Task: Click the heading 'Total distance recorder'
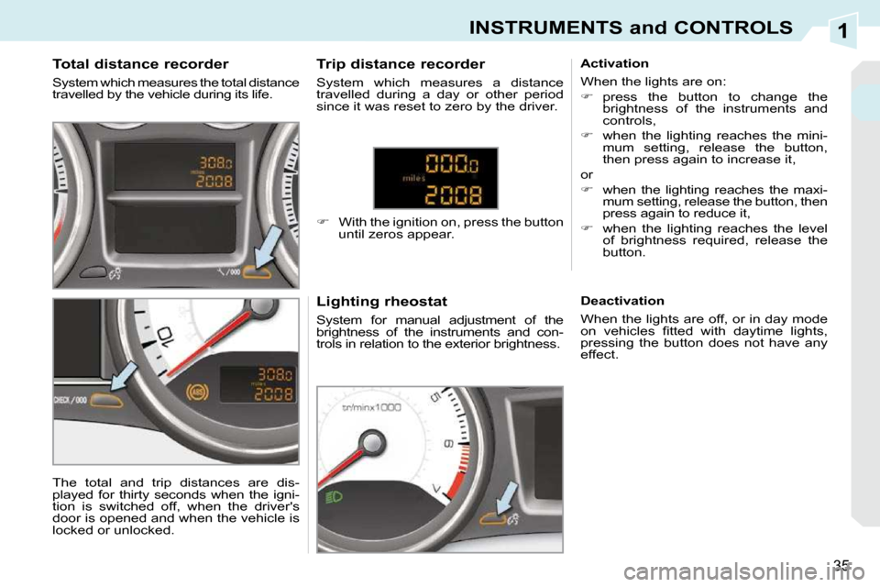coord(140,64)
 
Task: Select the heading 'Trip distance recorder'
coord(401,64)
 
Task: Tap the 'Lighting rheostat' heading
coord(381,302)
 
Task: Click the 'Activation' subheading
coord(614,63)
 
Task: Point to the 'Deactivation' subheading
coord(622,301)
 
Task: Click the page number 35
coord(841,565)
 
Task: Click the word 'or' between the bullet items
coord(587,174)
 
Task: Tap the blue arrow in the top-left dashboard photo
coord(268,246)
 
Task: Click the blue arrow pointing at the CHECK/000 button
coord(124,376)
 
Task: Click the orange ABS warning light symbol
coord(197,390)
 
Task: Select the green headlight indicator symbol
coord(334,496)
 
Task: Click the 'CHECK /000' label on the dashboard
coord(71,401)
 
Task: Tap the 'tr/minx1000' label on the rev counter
coord(371,407)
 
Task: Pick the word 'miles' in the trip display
coord(414,179)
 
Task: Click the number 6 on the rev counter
coord(448,444)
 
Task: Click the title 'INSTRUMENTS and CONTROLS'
coord(631,28)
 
